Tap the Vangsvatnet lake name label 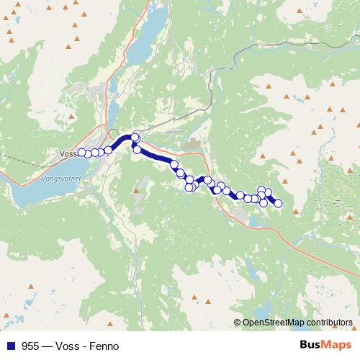(60, 176)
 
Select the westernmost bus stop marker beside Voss (81, 152)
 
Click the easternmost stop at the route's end (278, 204)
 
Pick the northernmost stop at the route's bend (135, 137)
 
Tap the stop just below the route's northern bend (137, 149)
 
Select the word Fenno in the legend (102, 346)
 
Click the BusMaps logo (324, 346)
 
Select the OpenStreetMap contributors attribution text (297, 323)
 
